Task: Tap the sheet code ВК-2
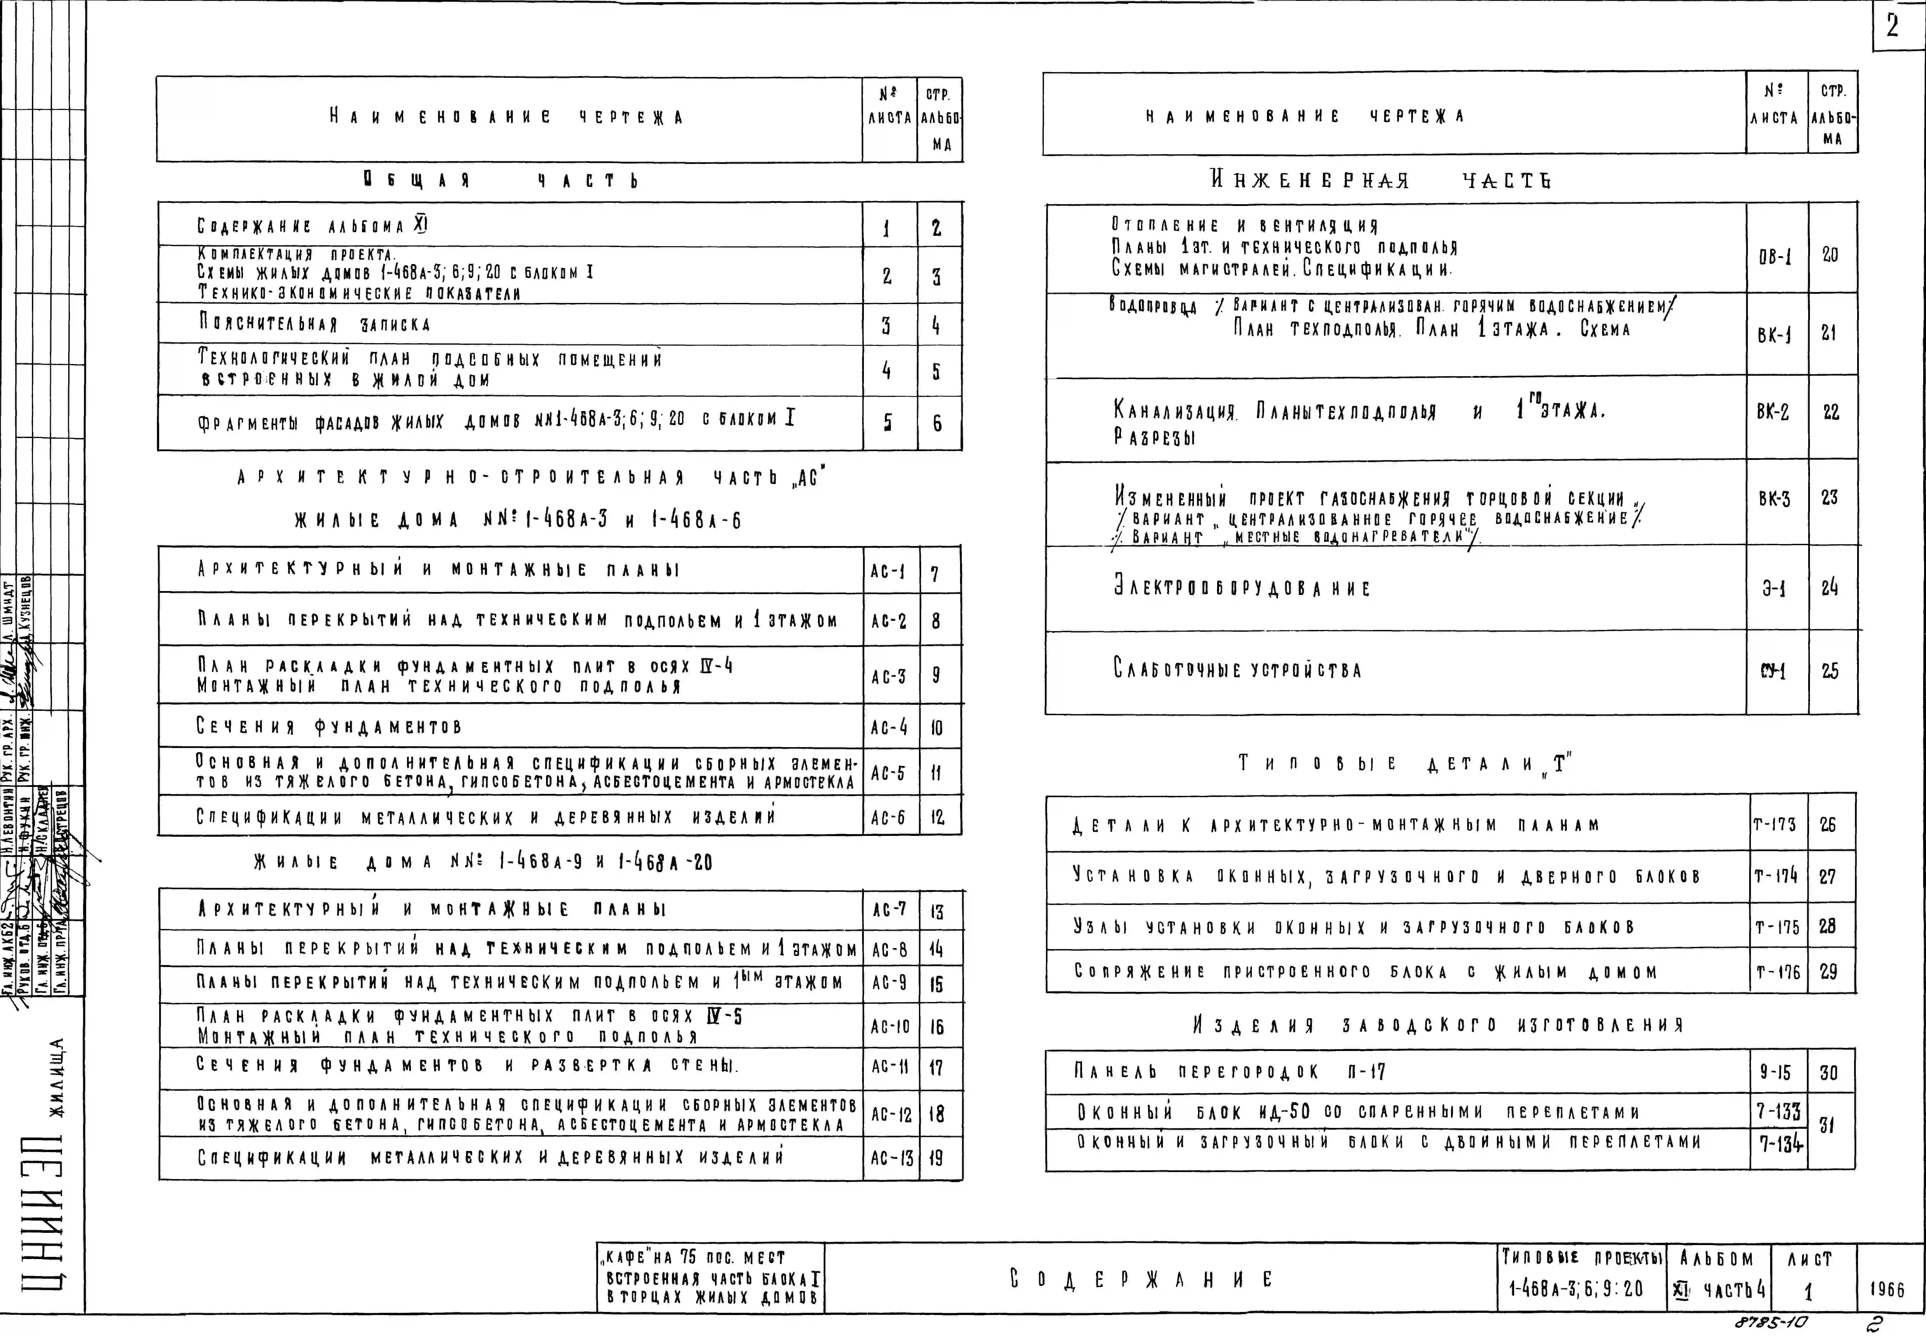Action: (x=1773, y=413)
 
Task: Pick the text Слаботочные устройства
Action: (x=1237, y=670)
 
